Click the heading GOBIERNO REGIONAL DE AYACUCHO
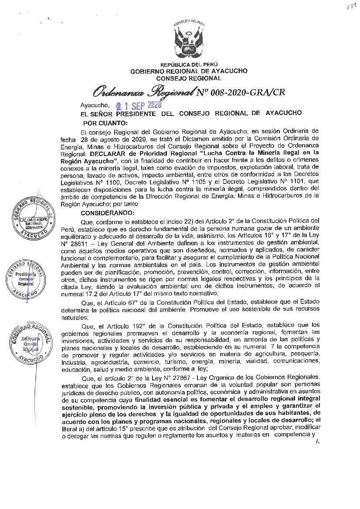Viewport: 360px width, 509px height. [189, 71]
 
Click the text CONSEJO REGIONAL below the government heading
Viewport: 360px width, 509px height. [189, 78]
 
